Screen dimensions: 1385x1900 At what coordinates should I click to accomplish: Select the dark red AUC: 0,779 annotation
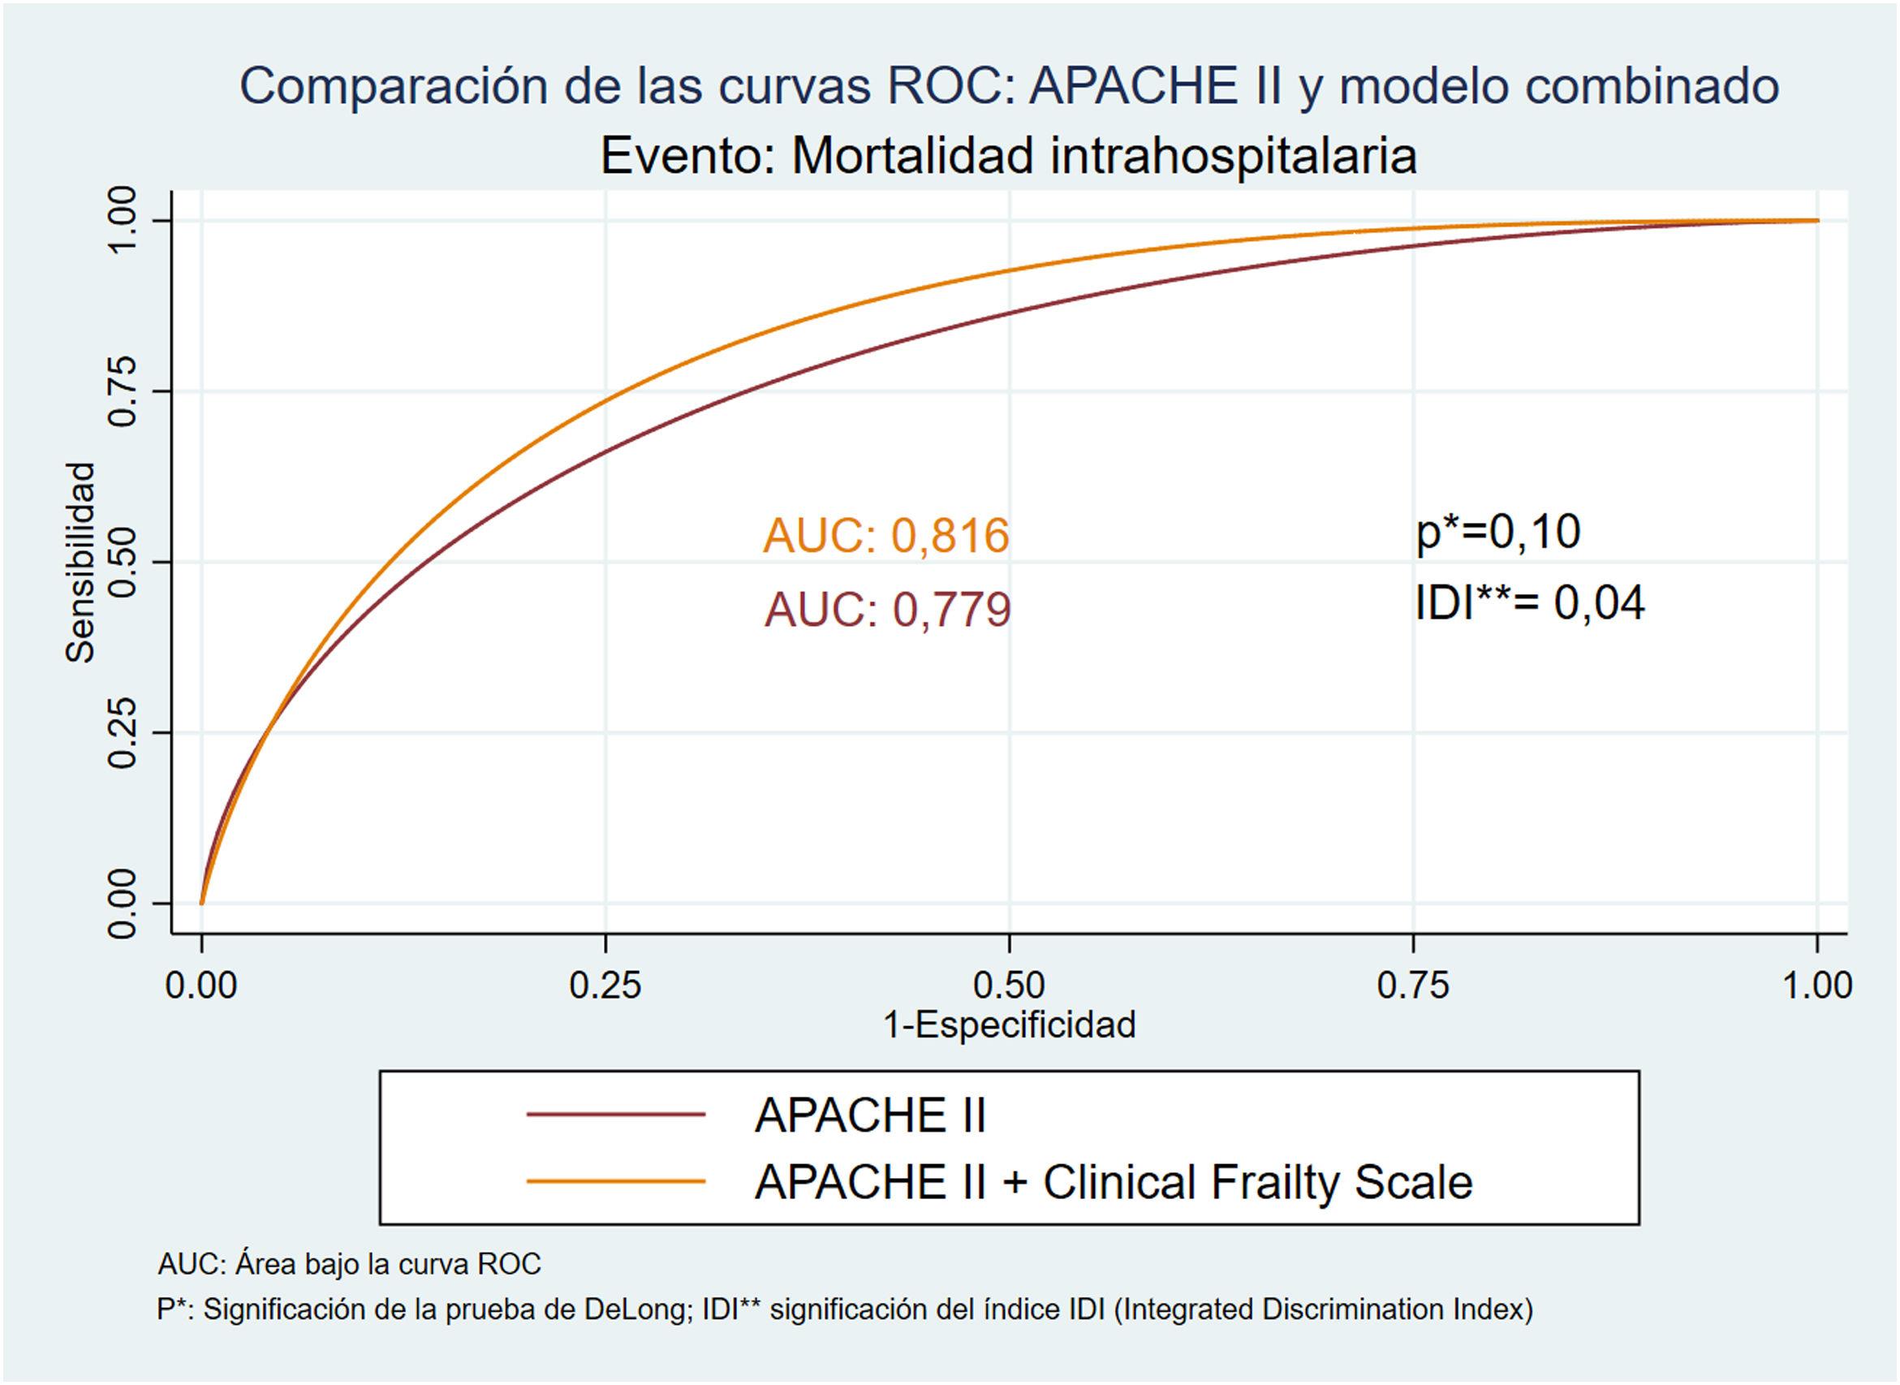point(887,610)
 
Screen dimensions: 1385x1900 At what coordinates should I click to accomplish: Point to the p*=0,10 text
point(1497,532)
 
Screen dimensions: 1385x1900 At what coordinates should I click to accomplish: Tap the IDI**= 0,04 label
point(1530,603)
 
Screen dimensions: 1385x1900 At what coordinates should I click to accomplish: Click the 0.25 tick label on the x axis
point(605,985)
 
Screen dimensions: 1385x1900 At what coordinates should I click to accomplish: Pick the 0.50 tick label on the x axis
point(1009,985)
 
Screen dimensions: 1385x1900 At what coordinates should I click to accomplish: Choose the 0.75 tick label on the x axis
point(1413,985)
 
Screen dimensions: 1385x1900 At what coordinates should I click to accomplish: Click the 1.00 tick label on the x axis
point(1816,985)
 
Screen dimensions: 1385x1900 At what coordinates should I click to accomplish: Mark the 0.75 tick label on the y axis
point(123,390)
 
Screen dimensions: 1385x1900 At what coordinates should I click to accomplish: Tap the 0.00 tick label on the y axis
point(123,903)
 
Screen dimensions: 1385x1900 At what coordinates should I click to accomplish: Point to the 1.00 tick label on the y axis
point(123,220)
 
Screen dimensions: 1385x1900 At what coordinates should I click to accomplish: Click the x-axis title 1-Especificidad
point(1009,1025)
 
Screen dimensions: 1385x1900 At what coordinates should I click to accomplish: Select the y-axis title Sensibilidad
point(80,563)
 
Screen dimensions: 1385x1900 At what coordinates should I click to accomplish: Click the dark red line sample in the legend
point(616,1114)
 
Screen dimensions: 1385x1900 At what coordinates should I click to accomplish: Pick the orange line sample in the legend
point(616,1182)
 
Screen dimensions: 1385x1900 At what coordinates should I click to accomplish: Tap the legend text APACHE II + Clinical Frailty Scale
point(1113,1182)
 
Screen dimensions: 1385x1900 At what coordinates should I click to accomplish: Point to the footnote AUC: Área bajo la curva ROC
point(350,1263)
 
